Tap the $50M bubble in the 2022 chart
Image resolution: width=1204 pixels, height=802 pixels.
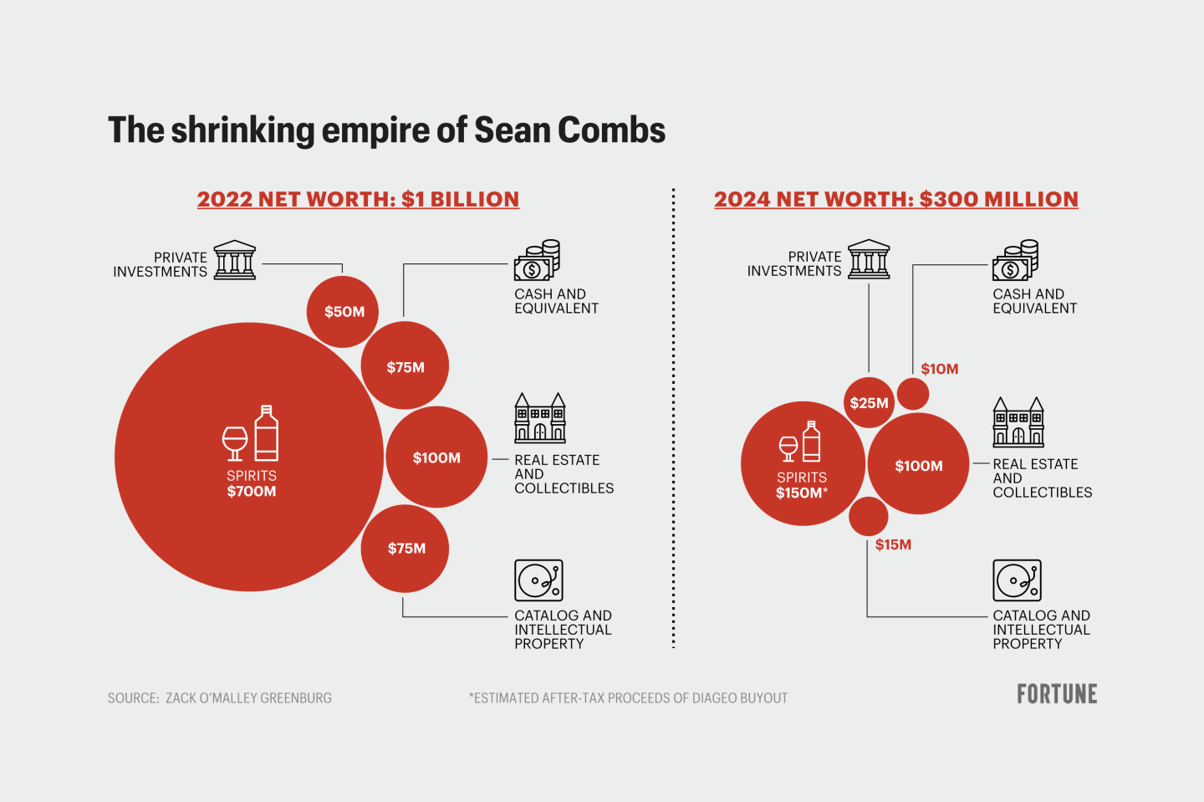point(344,311)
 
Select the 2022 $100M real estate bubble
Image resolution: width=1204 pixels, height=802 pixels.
point(436,457)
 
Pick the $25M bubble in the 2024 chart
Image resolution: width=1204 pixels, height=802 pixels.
point(869,403)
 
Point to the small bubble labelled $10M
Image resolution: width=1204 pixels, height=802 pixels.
point(913,394)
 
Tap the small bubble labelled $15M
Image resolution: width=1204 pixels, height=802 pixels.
point(869,517)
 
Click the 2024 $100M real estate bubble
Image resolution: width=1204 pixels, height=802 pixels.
point(918,465)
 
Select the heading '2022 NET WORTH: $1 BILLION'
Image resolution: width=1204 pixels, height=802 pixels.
point(358,199)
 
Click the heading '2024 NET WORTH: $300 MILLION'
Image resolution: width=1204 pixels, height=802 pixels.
point(895,199)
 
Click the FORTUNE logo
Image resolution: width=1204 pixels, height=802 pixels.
point(1057,694)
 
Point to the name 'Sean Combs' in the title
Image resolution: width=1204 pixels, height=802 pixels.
point(569,130)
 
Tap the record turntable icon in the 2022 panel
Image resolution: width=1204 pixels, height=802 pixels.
point(538,580)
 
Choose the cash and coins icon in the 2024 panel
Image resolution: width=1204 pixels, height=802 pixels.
point(1015,261)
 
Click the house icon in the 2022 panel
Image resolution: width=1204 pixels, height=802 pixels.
point(539,418)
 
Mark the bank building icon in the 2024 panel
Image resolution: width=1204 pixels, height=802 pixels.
point(869,259)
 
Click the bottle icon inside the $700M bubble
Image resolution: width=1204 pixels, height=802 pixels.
point(266,433)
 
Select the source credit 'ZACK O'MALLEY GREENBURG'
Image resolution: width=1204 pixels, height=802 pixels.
point(248,698)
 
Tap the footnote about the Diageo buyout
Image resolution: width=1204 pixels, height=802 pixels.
point(628,698)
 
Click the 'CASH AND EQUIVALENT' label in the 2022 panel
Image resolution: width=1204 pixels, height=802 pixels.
point(556,301)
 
